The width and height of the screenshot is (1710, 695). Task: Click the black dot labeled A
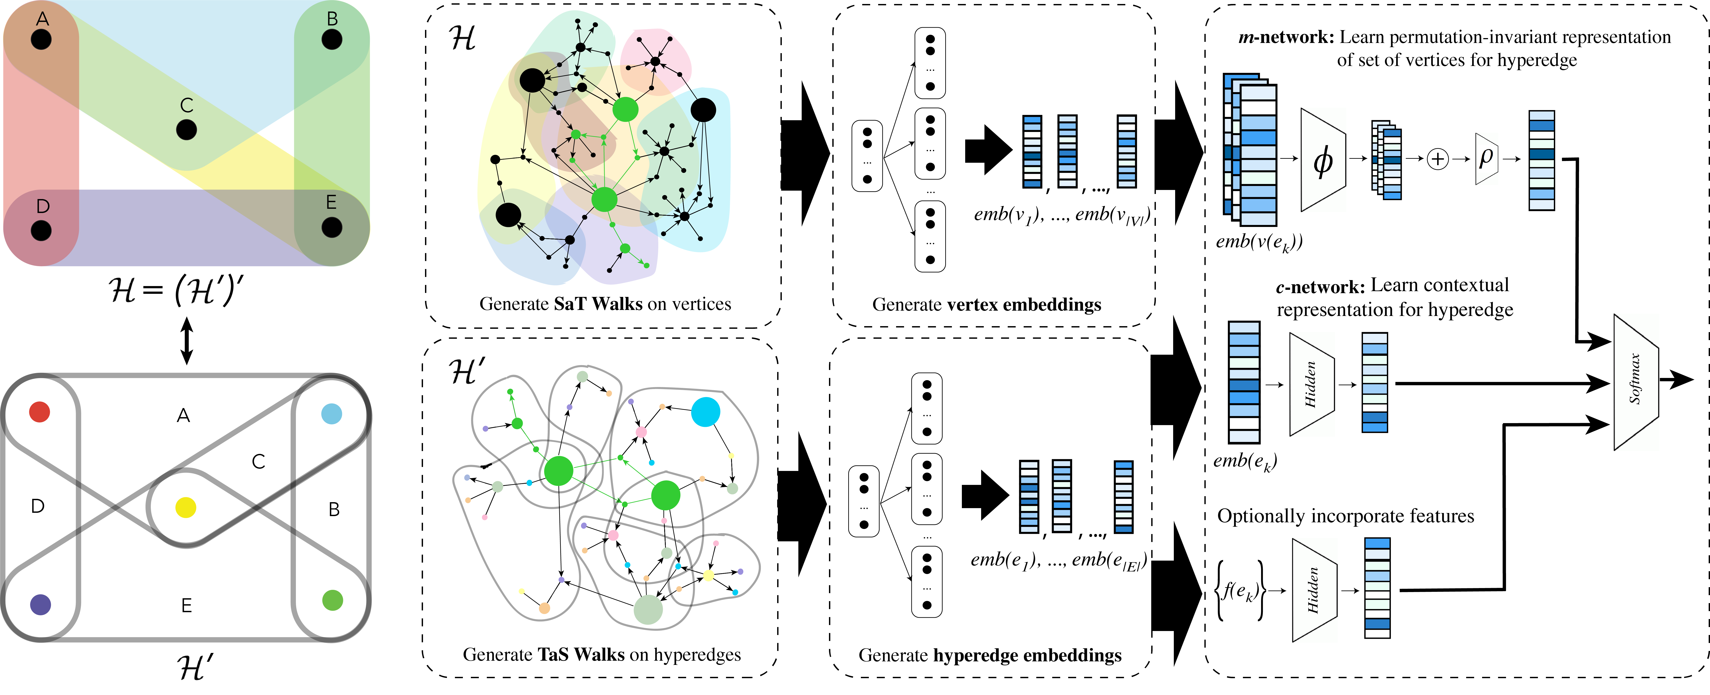[41, 39]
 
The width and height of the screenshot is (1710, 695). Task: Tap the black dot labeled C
[186, 130]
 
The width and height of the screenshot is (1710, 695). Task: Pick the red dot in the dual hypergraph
[40, 412]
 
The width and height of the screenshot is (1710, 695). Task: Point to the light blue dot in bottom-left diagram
[331, 414]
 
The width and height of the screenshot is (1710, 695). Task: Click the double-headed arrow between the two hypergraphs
[187, 341]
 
